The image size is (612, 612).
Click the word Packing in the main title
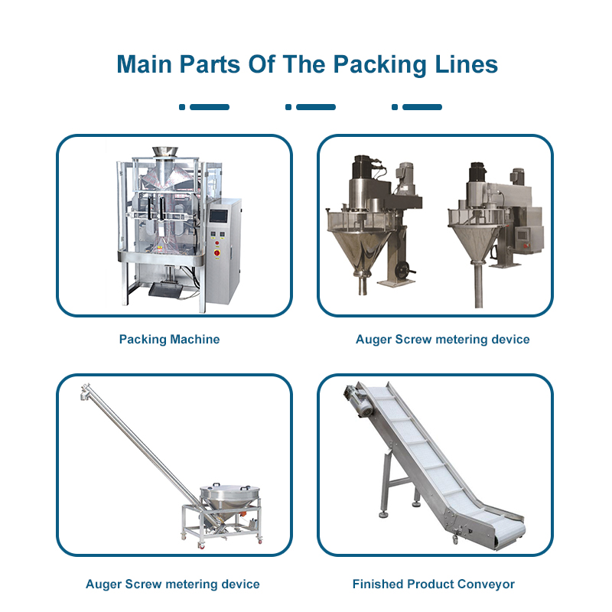tap(379, 65)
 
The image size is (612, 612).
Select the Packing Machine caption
tap(169, 339)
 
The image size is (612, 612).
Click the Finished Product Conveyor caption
tap(433, 584)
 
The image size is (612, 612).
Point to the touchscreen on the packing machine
tap(218, 216)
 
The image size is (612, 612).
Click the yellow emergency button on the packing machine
tap(217, 252)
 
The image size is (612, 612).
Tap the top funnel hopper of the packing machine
tap(165, 152)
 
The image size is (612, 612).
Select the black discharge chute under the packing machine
tap(165, 290)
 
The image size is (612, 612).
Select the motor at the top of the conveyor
tap(358, 401)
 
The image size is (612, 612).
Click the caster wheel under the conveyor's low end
tap(455, 539)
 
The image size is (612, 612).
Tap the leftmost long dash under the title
tap(210, 107)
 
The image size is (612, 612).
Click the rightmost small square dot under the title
tap(395, 107)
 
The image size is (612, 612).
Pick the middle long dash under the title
tap(316, 107)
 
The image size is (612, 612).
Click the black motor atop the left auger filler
tap(363, 167)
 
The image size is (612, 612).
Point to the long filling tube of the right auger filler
tap(479, 284)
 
